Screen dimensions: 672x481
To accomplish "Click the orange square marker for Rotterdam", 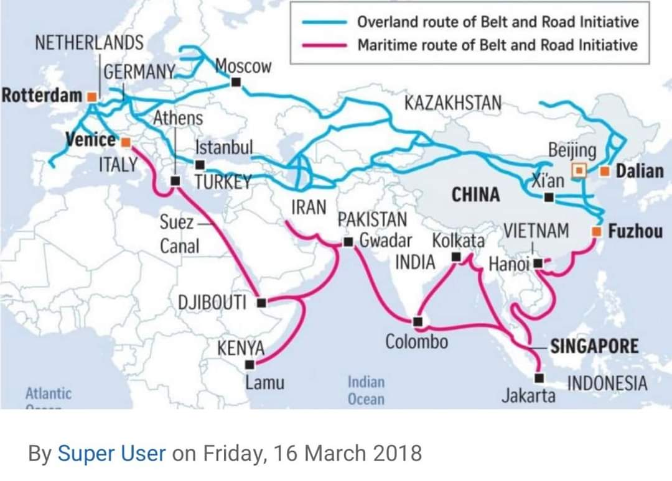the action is [91, 97].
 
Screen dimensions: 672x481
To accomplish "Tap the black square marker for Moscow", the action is [235, 82].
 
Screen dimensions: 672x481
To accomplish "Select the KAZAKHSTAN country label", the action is [452, 103].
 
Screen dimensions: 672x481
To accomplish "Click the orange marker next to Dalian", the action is [604, 170].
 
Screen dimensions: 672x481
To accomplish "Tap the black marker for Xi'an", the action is [548, 197].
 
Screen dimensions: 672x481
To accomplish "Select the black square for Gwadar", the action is [348, 241].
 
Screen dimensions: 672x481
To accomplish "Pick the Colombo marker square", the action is [417, 321].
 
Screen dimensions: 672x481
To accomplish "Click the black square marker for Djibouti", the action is [261, 303].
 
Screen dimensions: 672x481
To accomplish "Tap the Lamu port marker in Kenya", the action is [250, 365].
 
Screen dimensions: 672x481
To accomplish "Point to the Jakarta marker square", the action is [539, 378].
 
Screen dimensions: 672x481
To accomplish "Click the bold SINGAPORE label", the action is [594, 346].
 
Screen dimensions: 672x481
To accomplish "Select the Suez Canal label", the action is [180, 234].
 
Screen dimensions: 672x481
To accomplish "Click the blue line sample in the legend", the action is [324, 22].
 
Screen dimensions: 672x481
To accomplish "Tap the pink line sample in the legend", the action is [324, 45].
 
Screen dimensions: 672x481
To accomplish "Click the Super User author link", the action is [112, 453].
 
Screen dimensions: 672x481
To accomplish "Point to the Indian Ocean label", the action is [366, 390].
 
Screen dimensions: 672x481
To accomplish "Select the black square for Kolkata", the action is [456, 256].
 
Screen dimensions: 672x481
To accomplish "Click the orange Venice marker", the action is [125, 142].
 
